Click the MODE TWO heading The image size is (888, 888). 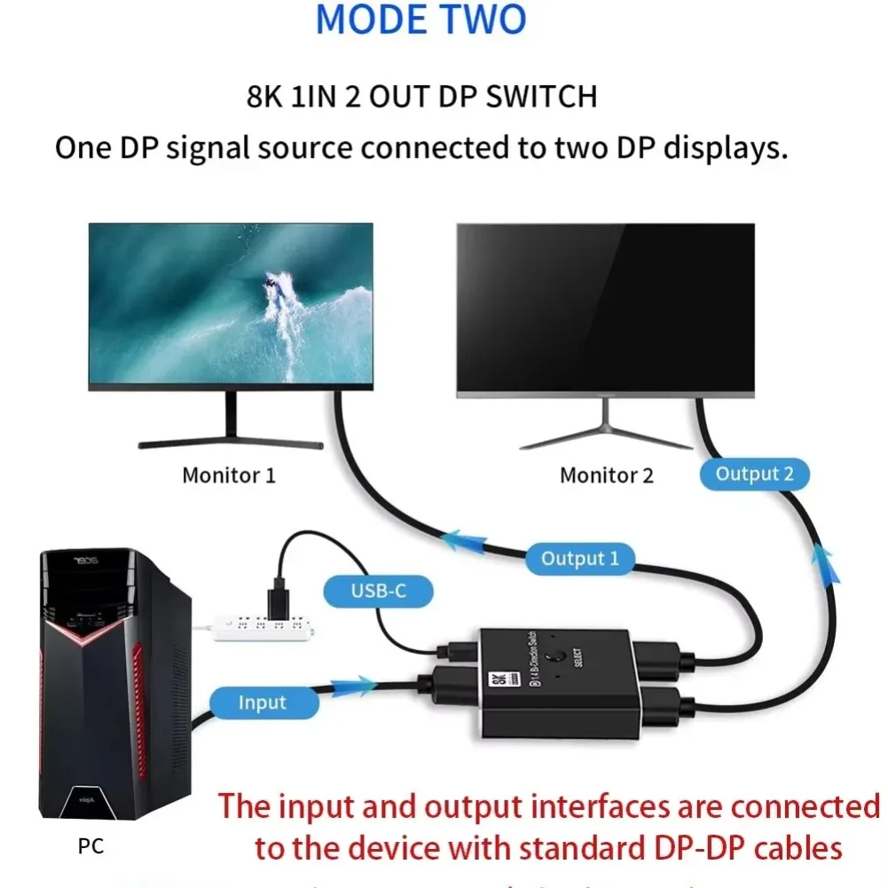coord(420,20)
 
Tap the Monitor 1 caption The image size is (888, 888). coord(228,475)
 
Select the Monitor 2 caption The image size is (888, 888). coord(606,475)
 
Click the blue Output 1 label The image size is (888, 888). coord(580,559)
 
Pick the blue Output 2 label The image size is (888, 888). coord(754,474)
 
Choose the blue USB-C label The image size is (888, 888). coord(379,590)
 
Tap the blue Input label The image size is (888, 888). coord(263,703)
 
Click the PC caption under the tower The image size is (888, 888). coord(90,846)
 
